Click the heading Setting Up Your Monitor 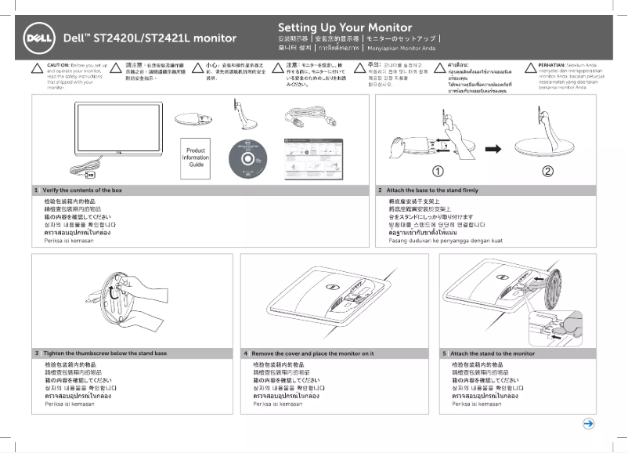click(x=345, y=27)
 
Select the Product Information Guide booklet click(x=196, y=156)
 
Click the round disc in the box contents click(x=252, y=157)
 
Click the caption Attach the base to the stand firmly click(x=432, y=190)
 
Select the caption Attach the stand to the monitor click(x=493, y=353)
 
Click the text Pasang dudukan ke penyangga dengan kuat click(x=446, y=241)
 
